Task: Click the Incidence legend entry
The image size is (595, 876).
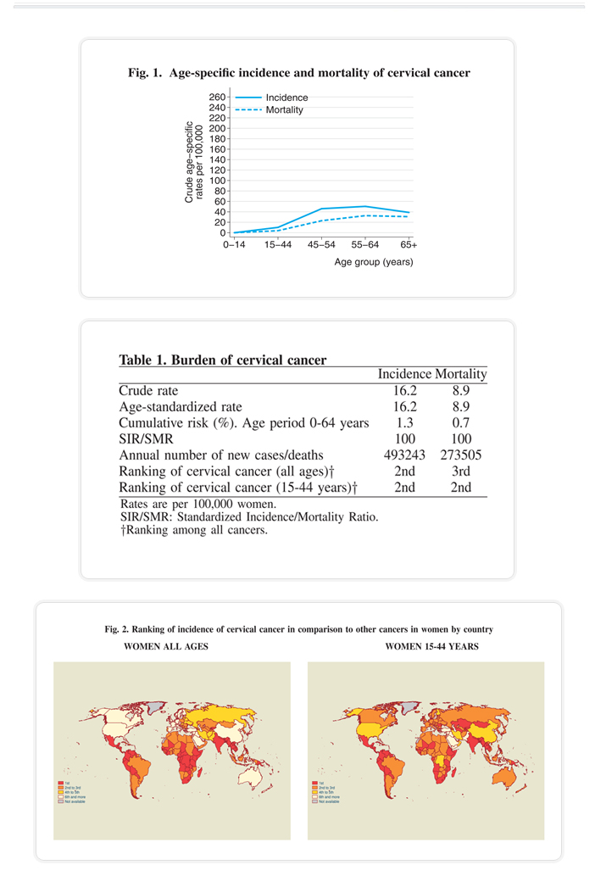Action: [286, 98]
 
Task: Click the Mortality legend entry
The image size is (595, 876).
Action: [285, 110]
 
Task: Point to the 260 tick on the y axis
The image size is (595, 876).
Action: [218, 98]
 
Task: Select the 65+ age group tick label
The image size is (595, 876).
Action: [409, 245]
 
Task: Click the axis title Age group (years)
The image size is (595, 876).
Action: [374, 262]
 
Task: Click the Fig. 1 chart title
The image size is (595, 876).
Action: [299, 73]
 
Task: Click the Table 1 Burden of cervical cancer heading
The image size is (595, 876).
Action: [223, 360]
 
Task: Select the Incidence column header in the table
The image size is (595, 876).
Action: [405, 374]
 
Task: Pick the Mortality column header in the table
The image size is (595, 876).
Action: [461, 374]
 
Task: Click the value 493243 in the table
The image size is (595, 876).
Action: [405, 455]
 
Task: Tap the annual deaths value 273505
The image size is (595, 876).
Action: [461, 455]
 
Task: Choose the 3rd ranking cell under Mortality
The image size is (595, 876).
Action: [461, 471]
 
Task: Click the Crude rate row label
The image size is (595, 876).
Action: [148, 391]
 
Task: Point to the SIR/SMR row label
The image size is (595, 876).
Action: [146, 438]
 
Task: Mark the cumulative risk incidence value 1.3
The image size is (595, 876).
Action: [405, 422]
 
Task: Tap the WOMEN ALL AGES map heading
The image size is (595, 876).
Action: [166, 647]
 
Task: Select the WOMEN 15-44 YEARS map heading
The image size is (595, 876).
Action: [431, 647]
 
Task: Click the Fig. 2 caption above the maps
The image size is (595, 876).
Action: [298, 630]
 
